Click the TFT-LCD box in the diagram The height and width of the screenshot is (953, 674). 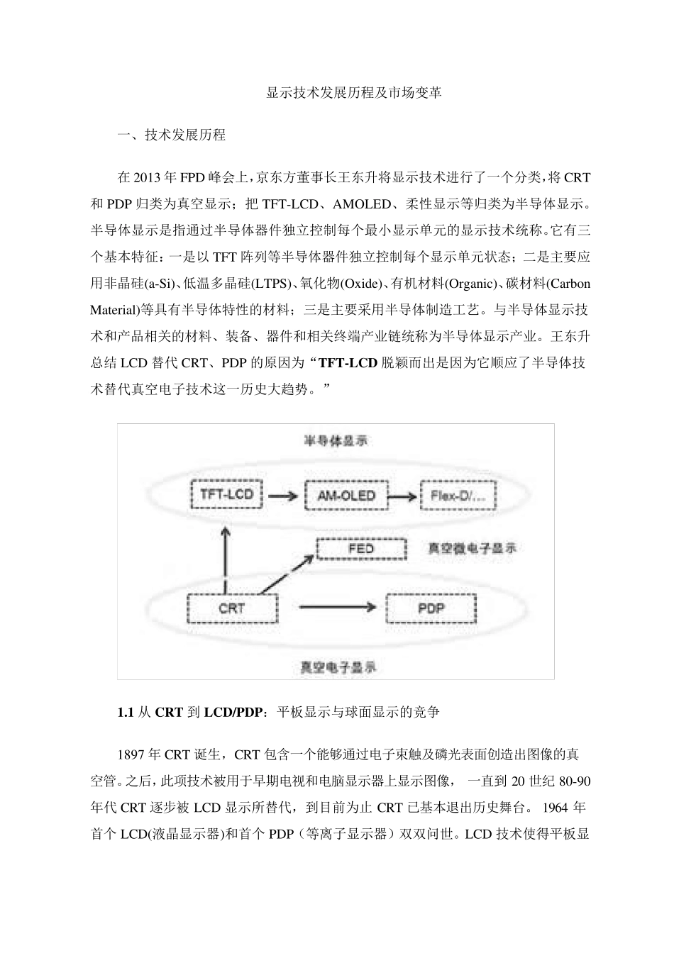point(227,494)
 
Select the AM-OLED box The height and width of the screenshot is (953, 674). point(346,495)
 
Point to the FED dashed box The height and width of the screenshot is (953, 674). point(360,549)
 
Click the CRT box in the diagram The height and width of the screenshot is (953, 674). point(231,608)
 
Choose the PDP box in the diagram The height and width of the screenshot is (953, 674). point(431,608)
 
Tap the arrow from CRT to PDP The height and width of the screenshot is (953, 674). point(337,607)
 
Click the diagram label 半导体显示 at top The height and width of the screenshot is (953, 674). point(336,441)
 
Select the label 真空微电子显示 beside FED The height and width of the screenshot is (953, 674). point(473,548)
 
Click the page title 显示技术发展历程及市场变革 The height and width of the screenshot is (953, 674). point(354,93)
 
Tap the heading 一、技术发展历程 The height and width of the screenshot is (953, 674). point(171,135)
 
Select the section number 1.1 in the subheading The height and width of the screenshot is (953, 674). point(126,712)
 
